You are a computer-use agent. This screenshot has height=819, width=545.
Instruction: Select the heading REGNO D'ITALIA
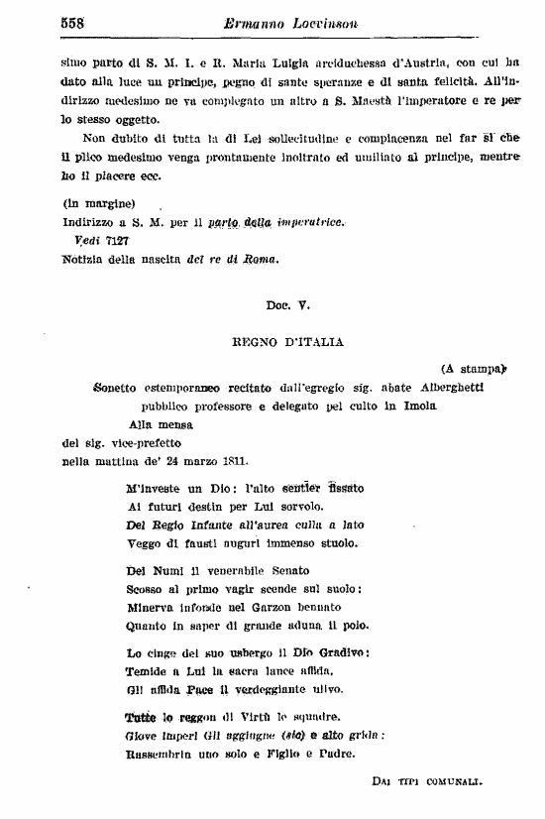pyautogui.click(x=287, y=342)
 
